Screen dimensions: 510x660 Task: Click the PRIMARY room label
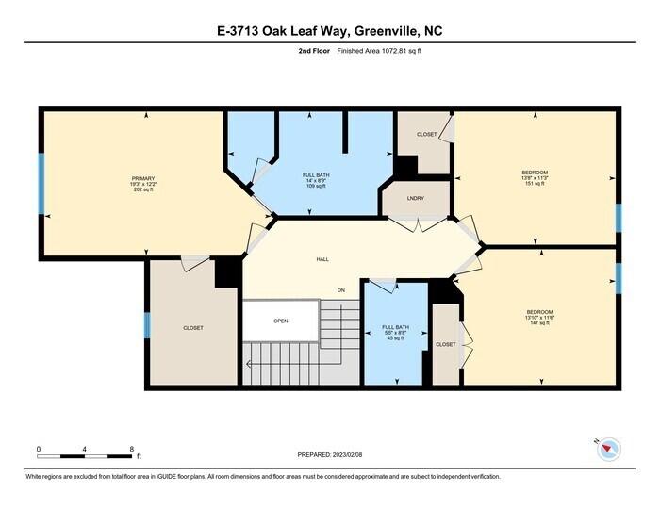pyautogui.click(x=143, y=178)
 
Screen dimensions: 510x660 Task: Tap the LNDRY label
pyautogui.click(x=415, y=199)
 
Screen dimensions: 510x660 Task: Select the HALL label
pyautogui.click(x=322, y=259)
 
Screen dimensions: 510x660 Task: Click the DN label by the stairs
pyautogui.click(x=341, y=289)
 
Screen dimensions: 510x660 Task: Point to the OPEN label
pyautogui.click(x=280, y=321)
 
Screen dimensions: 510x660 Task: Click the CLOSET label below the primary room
pyautogui.click(x=192, y=327)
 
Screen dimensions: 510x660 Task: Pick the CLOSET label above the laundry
pyautogui.click(x=426, y=135)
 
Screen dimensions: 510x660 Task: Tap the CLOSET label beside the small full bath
pyautogui.click(x=446, y=344)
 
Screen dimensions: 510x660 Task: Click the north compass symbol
pyautogui.click(x=607, y=450)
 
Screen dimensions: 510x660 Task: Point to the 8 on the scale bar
pyautogui.click(x=132, y=449)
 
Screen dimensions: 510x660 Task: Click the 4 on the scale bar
pyautogui.click(x=85, y=449)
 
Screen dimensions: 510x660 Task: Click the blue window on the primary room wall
pyautogui.click(x=41, y=183)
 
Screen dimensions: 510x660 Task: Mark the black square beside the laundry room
pyautogui.click(x=404, y=166)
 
